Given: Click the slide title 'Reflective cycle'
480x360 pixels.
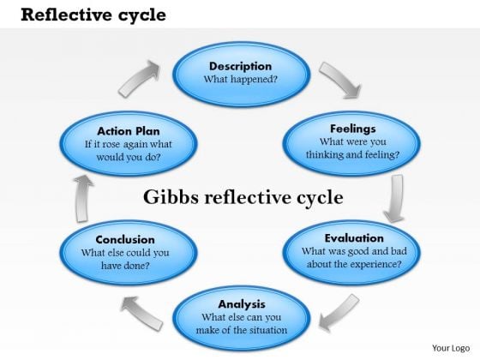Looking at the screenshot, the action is tap(93, 15).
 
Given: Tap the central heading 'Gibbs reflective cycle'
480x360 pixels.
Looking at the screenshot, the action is tap(243, 197).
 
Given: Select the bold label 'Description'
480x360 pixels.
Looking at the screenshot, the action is tap(240, 66).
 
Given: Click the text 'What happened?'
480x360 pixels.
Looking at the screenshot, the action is tap(240, 79).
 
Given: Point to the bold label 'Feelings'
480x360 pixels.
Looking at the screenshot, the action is tap(353, 129).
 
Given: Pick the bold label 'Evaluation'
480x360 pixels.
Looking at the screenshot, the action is tap(354, 238).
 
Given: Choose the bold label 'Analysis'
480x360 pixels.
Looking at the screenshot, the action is tap(242, 304).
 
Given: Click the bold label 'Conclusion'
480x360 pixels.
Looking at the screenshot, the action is tap(125, 239).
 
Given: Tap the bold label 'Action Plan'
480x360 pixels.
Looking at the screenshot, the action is tap(129, 131).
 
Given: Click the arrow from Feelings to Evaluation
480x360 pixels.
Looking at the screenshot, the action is tap(395, 198).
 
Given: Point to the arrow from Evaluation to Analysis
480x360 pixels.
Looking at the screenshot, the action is tap(339, 313).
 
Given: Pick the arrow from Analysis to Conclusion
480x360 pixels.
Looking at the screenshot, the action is tap(141, 313).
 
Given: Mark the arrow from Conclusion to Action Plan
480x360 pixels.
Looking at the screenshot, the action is tap(82, 198).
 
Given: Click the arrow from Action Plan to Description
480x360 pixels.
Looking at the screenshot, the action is tap(139, 79).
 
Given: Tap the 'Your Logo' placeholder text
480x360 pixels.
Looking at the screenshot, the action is tap(451, 348).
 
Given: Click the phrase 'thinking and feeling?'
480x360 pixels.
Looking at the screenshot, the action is tap(352, 154).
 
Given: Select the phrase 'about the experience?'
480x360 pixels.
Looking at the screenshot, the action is tap(354, 264).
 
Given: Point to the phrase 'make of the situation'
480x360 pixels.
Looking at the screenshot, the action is tap(242, 330).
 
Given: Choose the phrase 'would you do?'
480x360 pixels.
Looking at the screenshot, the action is tap(129, 157).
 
